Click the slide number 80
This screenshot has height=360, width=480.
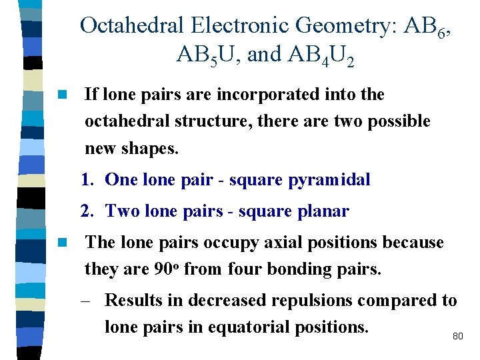(x=457, y=337)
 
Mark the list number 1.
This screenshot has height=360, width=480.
(x=86, y=180)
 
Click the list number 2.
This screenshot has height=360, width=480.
(x=86, y=211)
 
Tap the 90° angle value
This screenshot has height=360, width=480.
(x=167, y=269)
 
